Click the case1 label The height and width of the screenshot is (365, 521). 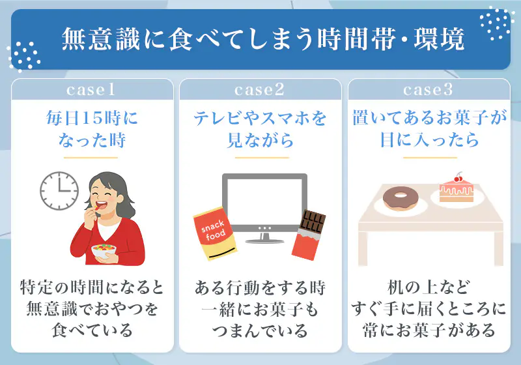91,89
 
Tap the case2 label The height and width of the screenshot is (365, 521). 260,89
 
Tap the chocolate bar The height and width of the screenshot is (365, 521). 308,232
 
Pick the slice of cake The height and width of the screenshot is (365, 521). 456,189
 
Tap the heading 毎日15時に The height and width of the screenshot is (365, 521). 92,119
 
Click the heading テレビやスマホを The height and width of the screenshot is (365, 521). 260,119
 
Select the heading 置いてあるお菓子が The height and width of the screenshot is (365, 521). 429,119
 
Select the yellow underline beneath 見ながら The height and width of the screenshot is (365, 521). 260,157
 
